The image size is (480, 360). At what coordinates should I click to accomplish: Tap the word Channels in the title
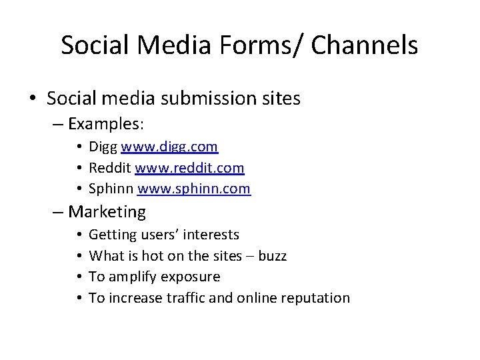tap(365, 45)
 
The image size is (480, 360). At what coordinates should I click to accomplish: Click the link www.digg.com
tap(169, 147)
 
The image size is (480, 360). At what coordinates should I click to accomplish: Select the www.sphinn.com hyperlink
tap(194, 189)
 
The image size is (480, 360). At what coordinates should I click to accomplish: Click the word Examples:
tap(107, 124)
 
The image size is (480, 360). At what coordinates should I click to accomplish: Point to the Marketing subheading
tap(107, 212)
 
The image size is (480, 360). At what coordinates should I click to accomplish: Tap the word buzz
tap(272, 255)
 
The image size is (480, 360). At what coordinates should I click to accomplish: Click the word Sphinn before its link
tap(111, 189)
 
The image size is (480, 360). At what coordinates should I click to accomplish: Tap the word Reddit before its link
tap(109, 168)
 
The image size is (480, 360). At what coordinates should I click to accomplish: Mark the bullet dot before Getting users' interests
tap(79, 235)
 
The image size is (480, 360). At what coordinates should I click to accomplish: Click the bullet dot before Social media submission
tap(33, 99)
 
